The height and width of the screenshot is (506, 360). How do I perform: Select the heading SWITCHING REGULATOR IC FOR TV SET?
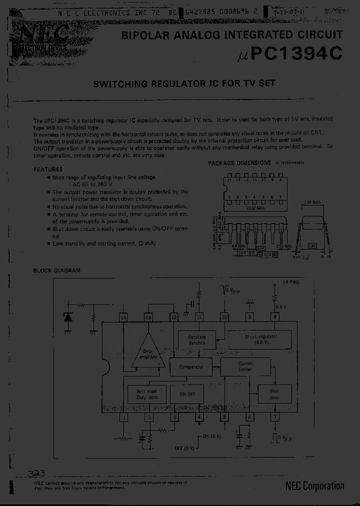tap(184, 83)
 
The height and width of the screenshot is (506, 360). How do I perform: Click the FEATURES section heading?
tap(48, 169)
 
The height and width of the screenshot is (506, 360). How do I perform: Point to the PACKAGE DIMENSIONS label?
tap(239, 163)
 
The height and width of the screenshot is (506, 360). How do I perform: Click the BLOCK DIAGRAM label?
tap(56, 270)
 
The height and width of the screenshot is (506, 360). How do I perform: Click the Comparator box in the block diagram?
tap(191, 366)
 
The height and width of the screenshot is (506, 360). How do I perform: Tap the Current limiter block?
tap(245, 366)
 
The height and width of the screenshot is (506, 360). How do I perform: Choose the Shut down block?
tap(274, 393)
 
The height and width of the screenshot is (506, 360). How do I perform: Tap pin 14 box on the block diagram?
tap(122, 316)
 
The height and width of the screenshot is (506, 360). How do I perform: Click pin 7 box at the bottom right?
tap(274, 417)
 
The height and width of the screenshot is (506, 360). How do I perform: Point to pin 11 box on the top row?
tap(199, 316)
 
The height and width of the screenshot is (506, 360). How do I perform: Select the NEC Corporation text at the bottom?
tap(314, 485)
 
